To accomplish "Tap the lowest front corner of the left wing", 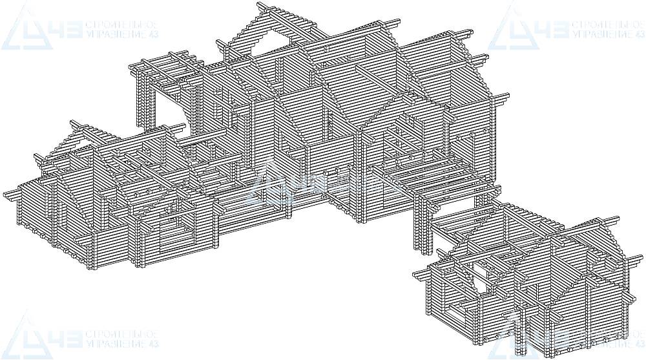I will coord(140,264).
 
